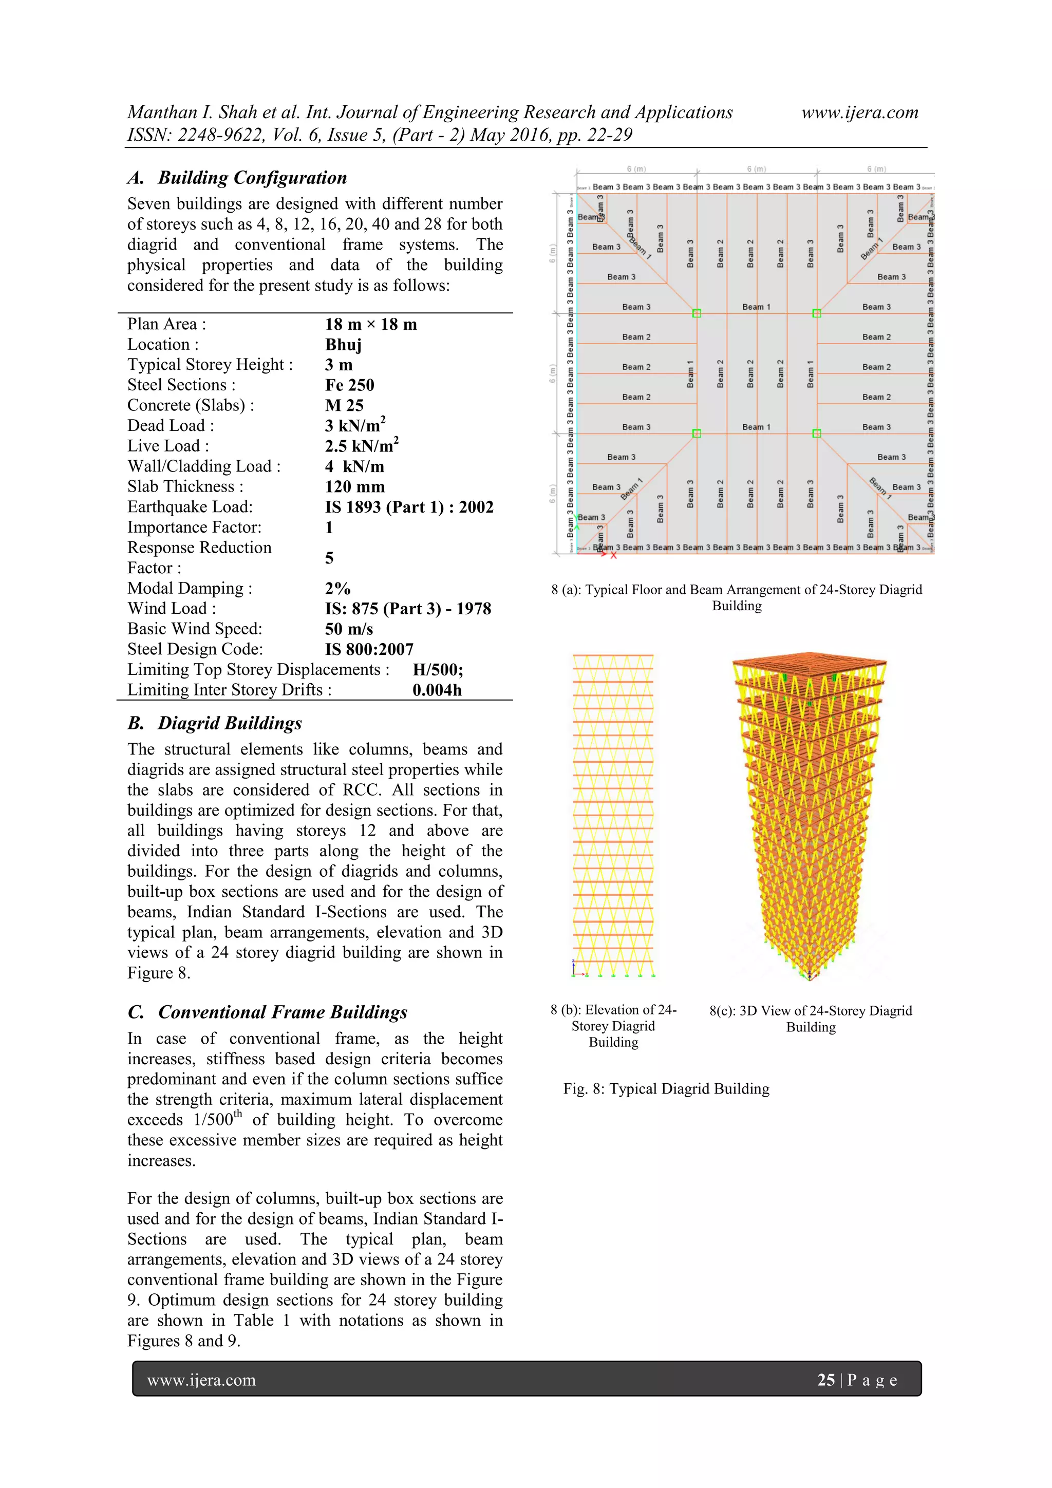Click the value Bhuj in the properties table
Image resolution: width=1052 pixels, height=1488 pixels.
[x=343, y=345]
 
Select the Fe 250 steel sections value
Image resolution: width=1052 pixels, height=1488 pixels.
[x=349, y=385]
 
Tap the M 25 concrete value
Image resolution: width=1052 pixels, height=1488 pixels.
[x=344, y=406]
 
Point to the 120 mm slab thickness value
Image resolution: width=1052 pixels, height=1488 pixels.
[x=354, y=487]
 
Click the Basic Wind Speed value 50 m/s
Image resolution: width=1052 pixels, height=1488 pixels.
[x=349, y=629]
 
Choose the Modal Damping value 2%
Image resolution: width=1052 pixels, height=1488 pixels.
[x=337, y=589]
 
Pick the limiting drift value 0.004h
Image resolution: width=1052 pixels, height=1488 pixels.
[x=437, y=690]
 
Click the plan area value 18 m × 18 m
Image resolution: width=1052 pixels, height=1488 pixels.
[x=371, y=325]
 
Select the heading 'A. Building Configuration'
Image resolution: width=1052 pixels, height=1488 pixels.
[x=237, y=178]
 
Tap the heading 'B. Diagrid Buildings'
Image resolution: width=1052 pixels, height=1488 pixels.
[x=215, y=723]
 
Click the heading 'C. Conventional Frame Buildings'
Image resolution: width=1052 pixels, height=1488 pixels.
[x=267, y=1012]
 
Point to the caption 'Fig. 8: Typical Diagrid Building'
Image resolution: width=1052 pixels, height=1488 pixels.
[x=666, y=1089]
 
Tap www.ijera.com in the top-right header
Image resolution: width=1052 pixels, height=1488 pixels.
[x=859, y=113]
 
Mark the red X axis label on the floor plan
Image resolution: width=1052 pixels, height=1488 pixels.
[x=613, y=555]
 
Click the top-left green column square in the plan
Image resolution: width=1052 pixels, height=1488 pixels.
[x=697, y=314]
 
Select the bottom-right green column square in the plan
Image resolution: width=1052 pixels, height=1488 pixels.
[x=817, y=434]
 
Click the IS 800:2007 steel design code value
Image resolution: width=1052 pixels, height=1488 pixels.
[x=369, y=649]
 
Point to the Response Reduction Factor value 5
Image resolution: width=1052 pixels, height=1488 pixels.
[x=329, y=558]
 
